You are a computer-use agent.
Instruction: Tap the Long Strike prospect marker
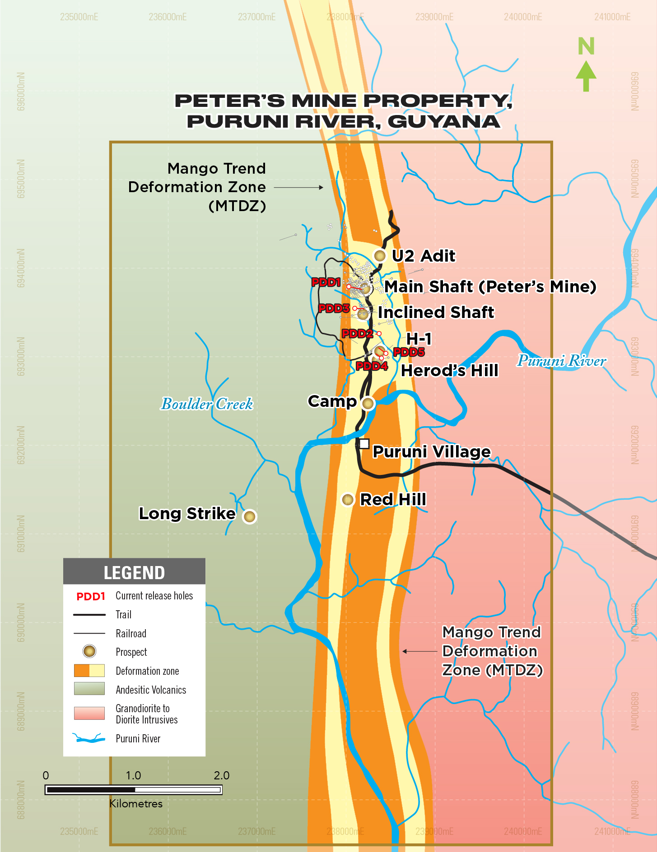(250, 516)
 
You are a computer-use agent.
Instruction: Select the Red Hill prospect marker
(347, 499)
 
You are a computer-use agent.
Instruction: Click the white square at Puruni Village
(364, 443)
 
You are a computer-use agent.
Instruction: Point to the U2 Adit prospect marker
(380, 256)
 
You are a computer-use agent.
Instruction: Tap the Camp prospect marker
(368, 403)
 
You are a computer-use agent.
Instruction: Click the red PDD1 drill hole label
(326, 282)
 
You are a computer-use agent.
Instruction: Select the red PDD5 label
(409, 352)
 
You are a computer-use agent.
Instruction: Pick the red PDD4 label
(372, 366)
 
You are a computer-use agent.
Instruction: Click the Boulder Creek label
(207, 404)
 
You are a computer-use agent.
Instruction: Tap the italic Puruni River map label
(561, 360)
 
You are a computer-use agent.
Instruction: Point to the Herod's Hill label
(450, 370)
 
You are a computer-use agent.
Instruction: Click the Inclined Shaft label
(436, 312)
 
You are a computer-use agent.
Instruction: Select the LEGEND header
(134, 572)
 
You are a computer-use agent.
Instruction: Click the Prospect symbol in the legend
(89, 651)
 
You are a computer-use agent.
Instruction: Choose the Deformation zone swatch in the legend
(89, 671)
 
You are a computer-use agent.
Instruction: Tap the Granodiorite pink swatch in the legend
(89, 713)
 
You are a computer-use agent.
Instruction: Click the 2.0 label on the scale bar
(221, 775)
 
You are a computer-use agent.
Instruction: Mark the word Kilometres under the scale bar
(136, 803)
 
